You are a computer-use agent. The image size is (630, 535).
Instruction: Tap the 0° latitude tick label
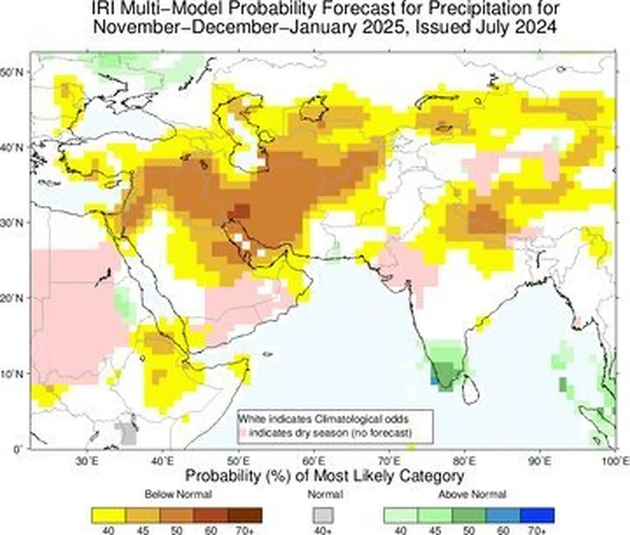click(18, 449)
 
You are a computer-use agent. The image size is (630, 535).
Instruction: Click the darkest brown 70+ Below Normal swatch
click(245, 515)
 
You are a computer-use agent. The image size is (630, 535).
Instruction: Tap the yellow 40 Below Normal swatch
click(108, 515)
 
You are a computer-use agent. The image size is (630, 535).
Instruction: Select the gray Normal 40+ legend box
click(323, 515)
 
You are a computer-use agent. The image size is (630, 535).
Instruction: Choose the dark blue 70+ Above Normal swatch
click(537, 515)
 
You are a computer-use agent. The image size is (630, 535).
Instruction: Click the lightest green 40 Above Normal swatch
click(401, 515)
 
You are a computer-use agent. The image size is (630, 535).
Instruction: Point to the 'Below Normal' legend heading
click(178, 494)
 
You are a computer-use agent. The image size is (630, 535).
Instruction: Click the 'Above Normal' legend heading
click(472, 494)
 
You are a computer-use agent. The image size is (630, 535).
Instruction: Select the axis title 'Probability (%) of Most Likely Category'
click(325, 476)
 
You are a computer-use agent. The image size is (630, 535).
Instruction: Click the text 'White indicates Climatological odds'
click(323, 419)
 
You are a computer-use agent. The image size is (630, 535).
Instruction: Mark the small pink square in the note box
click(243, 433)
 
